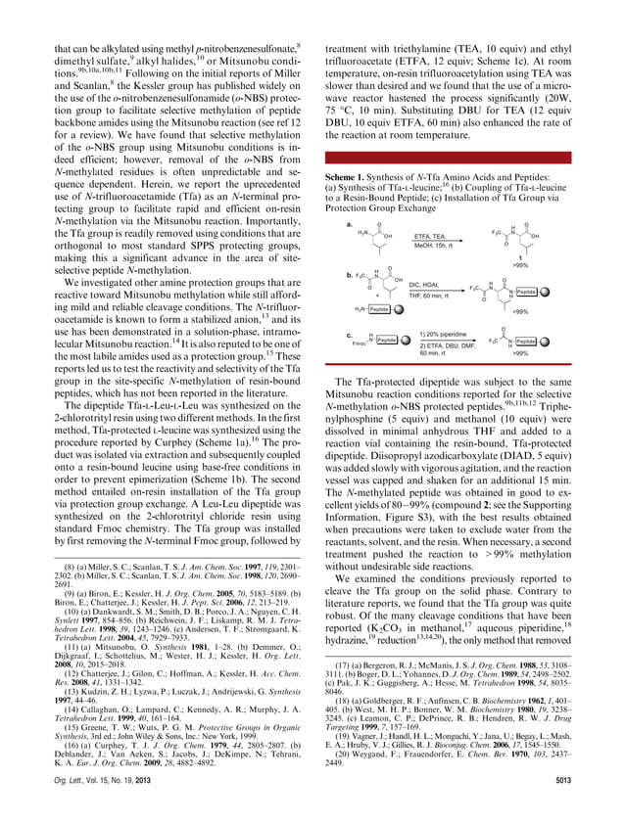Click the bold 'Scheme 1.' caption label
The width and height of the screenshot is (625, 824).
click(x=345, y=176)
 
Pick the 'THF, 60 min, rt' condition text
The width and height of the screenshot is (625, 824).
click(x=428, y=296)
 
